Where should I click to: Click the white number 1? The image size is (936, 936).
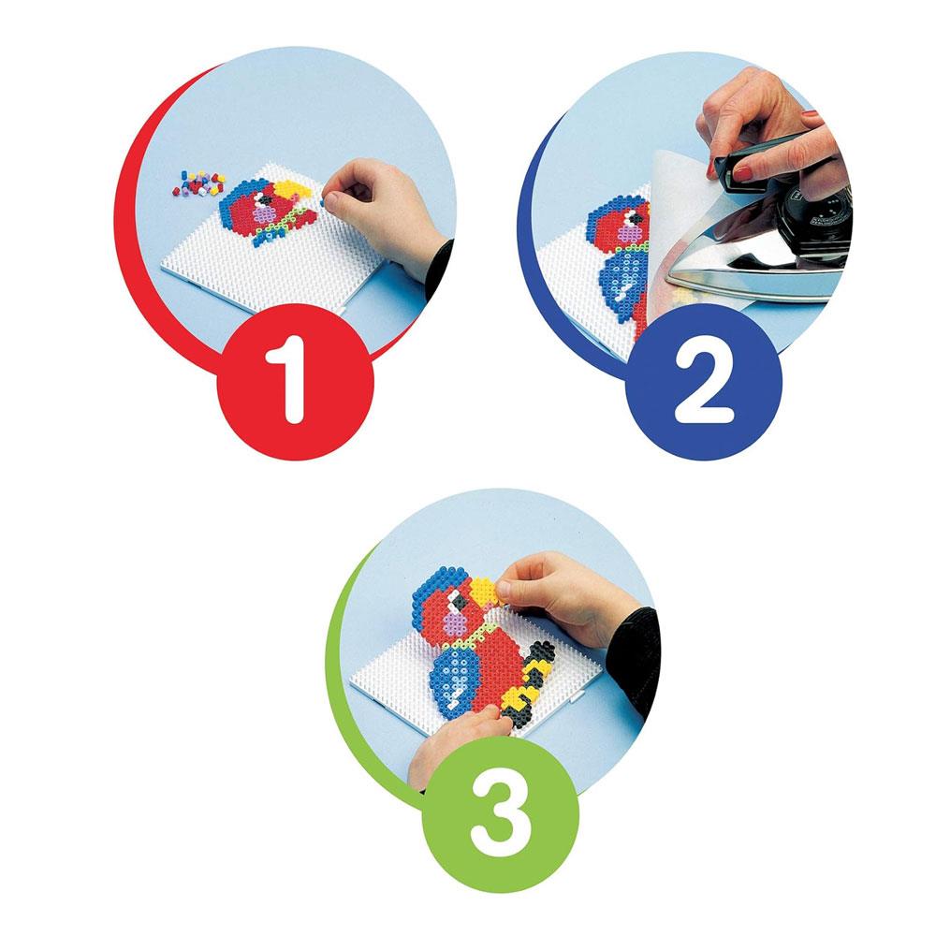click(288, 379)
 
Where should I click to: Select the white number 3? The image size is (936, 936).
click(500, 815)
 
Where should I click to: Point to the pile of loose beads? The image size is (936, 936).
click(198, 183)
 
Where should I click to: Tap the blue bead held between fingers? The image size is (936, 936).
click(322, 203)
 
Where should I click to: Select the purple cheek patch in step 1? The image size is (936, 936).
click(263, 213)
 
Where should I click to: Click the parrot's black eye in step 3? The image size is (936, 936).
click(458, 603)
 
